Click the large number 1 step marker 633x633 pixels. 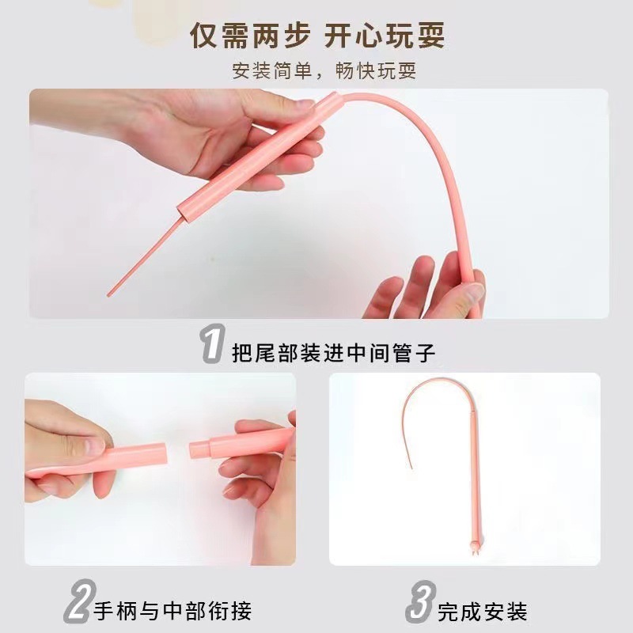[x=212, y=343]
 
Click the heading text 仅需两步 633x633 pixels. [x=250, y=36]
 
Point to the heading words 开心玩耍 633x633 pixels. [x=385, y=36]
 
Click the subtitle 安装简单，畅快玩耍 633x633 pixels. [x=324, y=70]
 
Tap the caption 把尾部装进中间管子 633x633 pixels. [x=333, y=352]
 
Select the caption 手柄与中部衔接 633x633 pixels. [x=172, y=610]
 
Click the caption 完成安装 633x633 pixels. [x=483, y=612]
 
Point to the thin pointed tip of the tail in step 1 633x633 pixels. [x=108, y=294]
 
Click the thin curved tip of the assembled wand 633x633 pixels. [x=411, y=467]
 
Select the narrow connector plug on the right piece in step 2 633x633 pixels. [x=199, y=449]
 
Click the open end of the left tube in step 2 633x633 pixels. [x=164, y=453]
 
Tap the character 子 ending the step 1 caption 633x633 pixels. [x=425, y=352]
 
